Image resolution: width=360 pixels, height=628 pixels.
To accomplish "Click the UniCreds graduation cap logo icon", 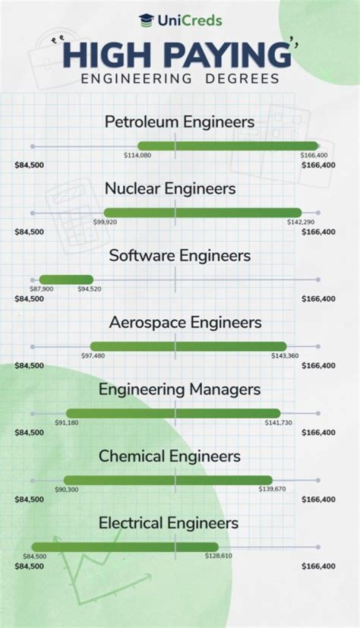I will coord(146,20).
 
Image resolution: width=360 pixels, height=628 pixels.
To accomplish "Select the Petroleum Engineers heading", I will coord(179,122).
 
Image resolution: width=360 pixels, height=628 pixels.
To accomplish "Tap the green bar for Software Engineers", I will coord(66,279).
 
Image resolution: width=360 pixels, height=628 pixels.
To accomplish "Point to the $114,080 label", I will coord(137,155).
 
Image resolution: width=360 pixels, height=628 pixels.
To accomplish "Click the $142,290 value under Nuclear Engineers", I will coord(300,222).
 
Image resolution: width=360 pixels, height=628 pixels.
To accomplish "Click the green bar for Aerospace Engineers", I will coord(188,346).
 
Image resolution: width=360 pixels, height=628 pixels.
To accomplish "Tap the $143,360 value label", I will coord(285,356).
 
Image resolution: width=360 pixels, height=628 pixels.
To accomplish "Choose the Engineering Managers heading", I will coord(179,389).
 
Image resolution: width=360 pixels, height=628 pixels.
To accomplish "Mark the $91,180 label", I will coord(66,423).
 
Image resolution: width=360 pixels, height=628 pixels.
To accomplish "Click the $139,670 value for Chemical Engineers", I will coord(272,489).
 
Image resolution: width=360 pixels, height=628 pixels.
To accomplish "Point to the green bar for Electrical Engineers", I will coord(125,546).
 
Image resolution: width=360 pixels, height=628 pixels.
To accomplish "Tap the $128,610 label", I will coord(218,556).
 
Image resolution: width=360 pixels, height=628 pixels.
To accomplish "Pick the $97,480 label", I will coord(93,356).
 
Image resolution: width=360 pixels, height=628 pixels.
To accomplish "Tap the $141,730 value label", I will coord(278,423).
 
